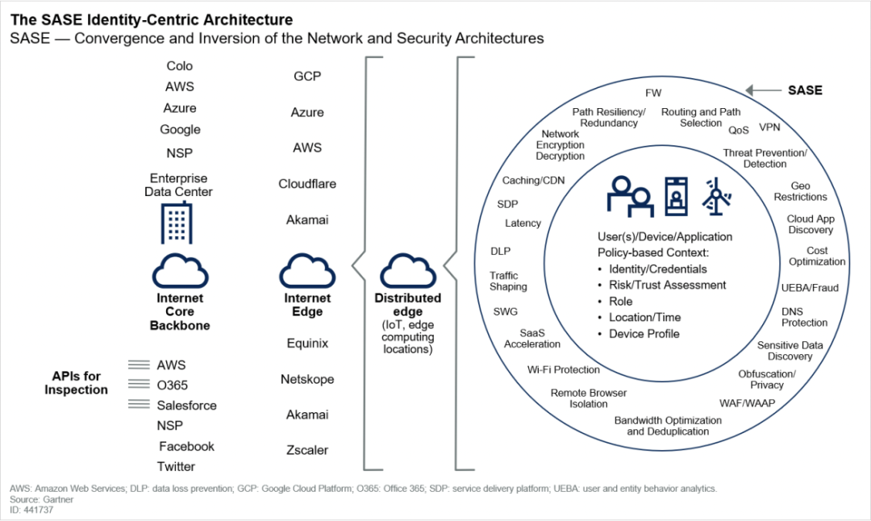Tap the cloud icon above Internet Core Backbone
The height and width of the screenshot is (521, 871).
(x=180, y=270)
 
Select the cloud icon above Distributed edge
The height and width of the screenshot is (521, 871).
(x=407, y=270)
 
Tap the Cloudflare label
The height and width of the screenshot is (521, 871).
(x=307, y=184)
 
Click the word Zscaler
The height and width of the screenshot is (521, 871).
(x=307, y=450)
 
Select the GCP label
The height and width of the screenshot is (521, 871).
(x=307, y=77)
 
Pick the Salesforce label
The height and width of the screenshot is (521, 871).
(x=186, y=406)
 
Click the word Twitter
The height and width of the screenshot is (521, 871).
(x=176, y=466)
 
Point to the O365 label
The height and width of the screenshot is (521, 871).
(x=173, y=386)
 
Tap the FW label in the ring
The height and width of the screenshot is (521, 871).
(x=653, y=94)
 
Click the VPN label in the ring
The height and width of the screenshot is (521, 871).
(x=769, y=127)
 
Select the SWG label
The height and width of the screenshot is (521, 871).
(x=506, y=312)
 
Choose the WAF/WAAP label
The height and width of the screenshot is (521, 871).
(x=746, y=402)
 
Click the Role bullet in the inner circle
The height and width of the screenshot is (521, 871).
(x=621, y=302)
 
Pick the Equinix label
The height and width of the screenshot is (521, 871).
(x=307, y=344)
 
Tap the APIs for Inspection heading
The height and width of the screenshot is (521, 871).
(x=77, y=383)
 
